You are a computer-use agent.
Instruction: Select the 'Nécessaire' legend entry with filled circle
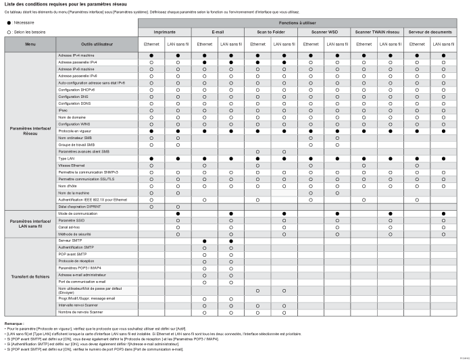(x=23, y=22)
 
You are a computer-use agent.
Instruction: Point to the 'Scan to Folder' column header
(x=270, y=32)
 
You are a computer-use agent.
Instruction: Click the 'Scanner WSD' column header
(x=324, y=32)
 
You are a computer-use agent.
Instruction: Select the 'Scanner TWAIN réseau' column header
(x=376, y=32)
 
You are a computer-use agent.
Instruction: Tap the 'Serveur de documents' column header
(x=430, y=32)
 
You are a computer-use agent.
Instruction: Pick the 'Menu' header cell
(x=30, y=44)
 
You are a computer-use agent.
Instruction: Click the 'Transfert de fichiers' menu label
(x=30, y=276)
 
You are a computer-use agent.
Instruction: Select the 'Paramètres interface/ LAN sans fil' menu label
(x=30, y=224)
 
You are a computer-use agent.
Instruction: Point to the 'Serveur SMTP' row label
(x=70, y=240)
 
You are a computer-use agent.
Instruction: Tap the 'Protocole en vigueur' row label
(x=75, y=130)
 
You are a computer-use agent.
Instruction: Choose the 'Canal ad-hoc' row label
(x=70, y=227)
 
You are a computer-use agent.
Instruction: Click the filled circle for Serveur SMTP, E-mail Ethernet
(x=204, y=240)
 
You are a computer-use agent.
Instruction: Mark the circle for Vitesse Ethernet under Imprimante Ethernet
(x=151, y=165)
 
